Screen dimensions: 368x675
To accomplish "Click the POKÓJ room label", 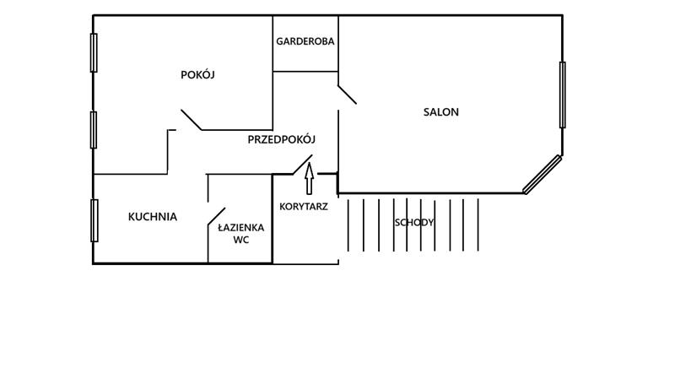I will point(198,75).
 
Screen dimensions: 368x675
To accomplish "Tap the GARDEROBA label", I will point(305,41).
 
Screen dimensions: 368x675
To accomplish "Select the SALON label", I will point(441,112).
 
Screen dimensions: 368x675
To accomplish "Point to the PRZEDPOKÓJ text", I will point(281,140).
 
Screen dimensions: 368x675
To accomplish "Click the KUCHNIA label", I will point(153,217).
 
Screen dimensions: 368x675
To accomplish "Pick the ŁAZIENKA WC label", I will point(241,233).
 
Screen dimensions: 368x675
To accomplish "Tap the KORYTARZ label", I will point(304,206).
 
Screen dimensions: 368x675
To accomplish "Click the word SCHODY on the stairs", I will point(414,223).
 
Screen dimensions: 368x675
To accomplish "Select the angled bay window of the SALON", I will point(542,175).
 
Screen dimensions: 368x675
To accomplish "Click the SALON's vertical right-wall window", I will point(563,95).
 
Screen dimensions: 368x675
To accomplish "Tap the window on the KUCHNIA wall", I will point(94,220).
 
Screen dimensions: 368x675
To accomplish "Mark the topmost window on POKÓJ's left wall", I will point(94,53).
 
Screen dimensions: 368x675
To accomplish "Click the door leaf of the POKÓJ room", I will point(192,120).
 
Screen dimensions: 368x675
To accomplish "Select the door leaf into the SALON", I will point(347,94).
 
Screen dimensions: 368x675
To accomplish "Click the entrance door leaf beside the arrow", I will point(302,165).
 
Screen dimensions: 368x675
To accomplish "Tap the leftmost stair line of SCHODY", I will point(348,225).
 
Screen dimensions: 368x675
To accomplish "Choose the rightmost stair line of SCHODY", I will point(478,225).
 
